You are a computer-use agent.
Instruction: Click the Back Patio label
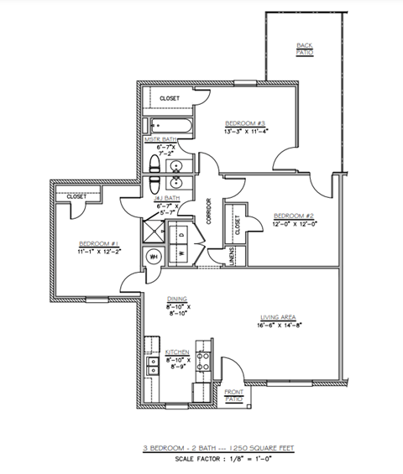pyautogui.click(x=304, y=49)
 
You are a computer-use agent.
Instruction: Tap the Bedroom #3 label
pyautogui.click(x=245, y=123)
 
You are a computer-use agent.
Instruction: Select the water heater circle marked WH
pyautogui.click(x=154, y=256)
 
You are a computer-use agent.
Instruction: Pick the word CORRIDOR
pyautogui.click(x=208, y=211)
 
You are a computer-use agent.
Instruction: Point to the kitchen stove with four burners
pyautogui.click(x=203, y=362)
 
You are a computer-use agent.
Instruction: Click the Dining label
pyautogui.click(x=176, y=298)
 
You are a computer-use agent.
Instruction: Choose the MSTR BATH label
pyautogui.click(x=160, y=139)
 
